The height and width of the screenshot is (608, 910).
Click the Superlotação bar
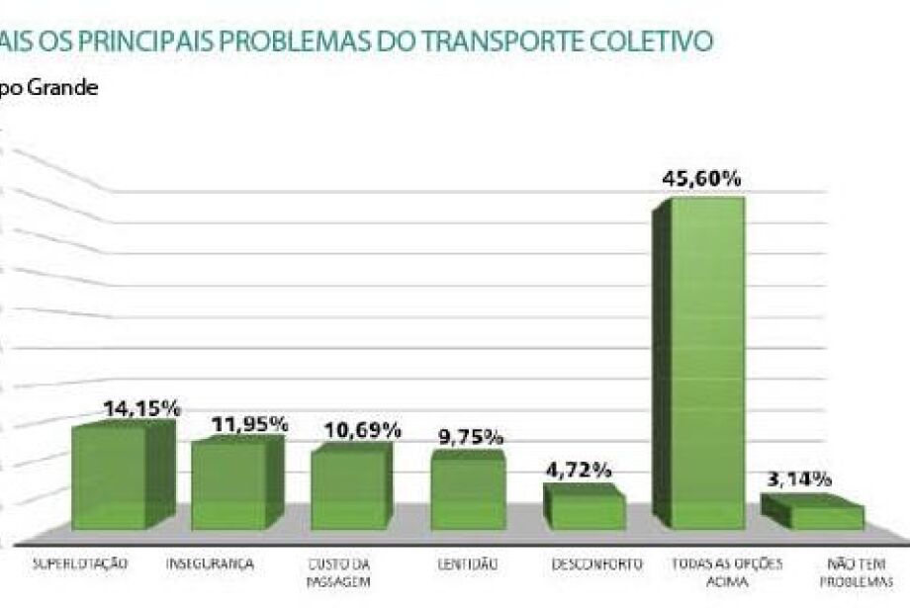[x=110, y=477]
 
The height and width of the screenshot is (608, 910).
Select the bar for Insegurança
[x=229, y=484]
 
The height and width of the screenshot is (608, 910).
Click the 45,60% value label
[x=702, y=179]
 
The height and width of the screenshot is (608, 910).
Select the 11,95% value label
[x=250, y=424]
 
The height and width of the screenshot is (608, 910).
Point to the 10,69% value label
[x=363, y=430]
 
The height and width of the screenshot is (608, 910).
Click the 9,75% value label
[x=471, y=436]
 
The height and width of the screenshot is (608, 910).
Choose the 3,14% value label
[x=799, y=479]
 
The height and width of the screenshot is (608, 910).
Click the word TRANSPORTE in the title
[x=505, y=41]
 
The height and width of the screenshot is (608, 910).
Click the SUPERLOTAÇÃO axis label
[x=81, y=565]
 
